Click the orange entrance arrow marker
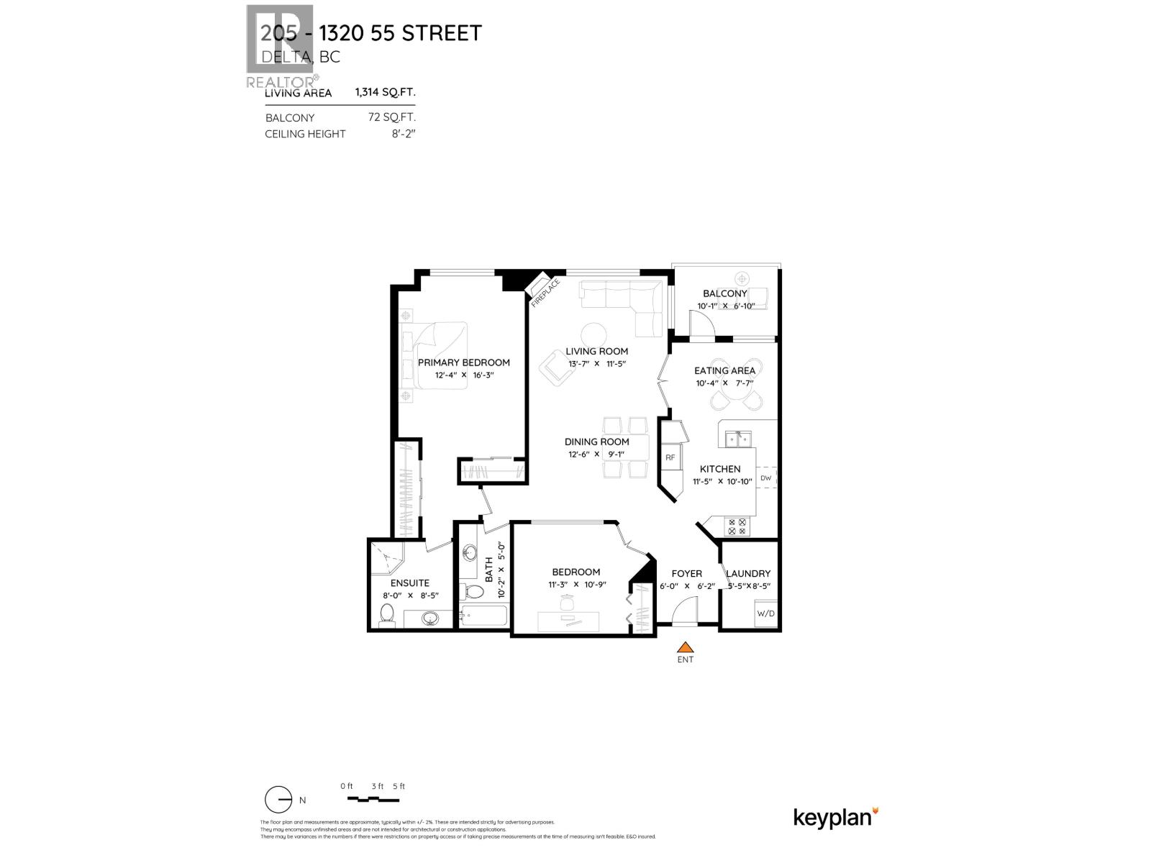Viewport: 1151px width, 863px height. click(686, 647)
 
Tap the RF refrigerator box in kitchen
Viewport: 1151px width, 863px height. click(670, 457)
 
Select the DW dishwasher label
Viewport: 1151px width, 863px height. click(765, 478)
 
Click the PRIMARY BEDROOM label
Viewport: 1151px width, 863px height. click(463, 362)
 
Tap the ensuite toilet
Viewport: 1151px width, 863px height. click(387, 613)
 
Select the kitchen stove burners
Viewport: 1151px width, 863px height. click(737, 526)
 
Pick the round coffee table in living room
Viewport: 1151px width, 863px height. click(593, 334)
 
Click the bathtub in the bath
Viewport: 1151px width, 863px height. click(483, 616)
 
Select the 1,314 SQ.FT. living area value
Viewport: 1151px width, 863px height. click(385, 93)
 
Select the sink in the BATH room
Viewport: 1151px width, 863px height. click(470, 554)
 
